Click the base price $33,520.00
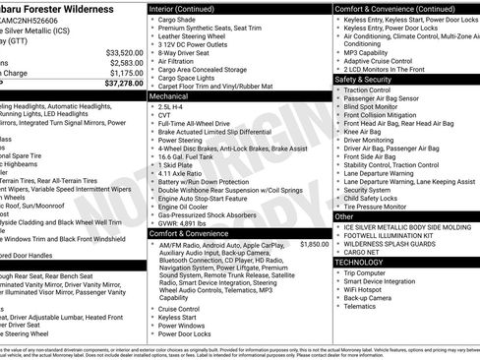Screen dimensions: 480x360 124,52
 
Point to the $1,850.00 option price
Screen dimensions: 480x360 314,243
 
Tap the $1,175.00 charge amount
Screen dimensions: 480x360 126,73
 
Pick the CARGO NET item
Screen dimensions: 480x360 361,252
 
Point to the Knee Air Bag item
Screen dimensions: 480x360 362,132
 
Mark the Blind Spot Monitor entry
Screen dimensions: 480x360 373,106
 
